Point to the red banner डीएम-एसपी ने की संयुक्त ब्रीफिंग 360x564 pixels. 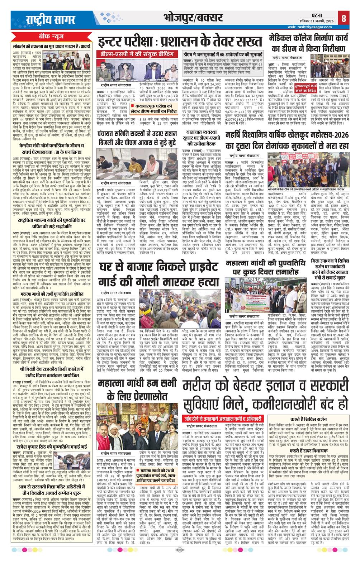click(132, 53)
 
